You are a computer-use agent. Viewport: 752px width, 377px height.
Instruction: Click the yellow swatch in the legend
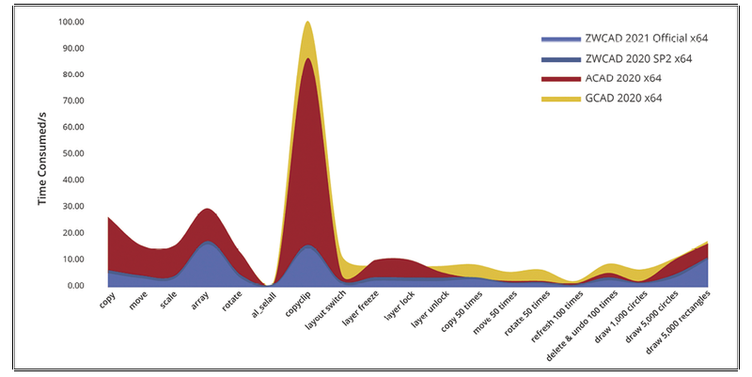click(561, 98)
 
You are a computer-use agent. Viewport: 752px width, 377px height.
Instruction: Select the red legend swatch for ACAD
click(561, 78)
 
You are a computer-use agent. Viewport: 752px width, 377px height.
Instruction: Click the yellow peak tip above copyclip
click(307, 22)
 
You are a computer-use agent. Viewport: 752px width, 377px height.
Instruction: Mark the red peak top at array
click(209, 209)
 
